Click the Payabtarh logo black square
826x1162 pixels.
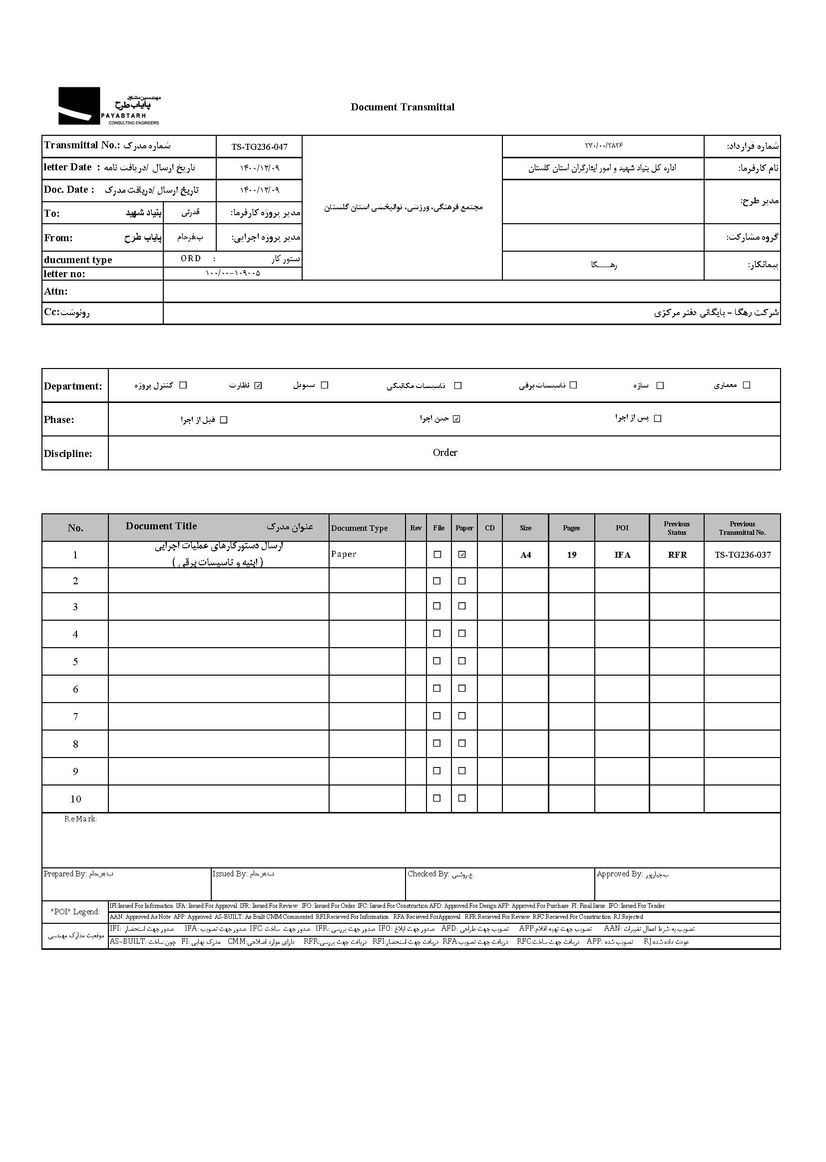coord(79,106)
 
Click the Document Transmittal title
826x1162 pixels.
coord(403,107)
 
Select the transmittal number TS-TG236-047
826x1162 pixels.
coord(259,147)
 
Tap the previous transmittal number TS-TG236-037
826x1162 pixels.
coord(743,555)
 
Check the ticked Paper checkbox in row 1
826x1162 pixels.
coord(462,555)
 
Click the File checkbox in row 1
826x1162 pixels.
coord(437,555)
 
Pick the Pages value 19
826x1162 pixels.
coord(571,555)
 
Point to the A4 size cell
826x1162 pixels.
coord(525,555)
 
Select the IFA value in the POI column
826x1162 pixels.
coord(622,555)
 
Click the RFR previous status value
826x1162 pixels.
coord(677,555)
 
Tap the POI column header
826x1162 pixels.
coord(622,528)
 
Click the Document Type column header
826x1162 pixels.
coord(359,528)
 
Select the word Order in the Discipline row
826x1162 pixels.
coord(445,452)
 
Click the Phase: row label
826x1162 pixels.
coord(59,419)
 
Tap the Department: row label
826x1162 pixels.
coord(73,386)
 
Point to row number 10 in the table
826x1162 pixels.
coord(75,799)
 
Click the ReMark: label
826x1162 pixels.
coord(80,819)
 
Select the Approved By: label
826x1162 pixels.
coord(619,874)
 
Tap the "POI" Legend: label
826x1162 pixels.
coord(75,911)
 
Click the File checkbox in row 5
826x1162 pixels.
coord(437,661)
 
